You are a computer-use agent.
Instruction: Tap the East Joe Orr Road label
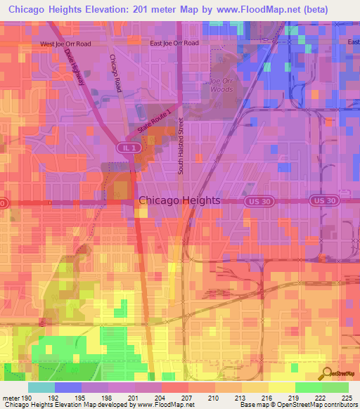tap(174, 43)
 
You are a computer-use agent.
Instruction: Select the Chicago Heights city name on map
tap(179, 200)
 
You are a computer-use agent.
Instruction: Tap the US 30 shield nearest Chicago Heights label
tap(257, 201)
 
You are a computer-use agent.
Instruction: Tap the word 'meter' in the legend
tap(11, 397)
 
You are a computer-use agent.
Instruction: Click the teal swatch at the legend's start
tap(41, 387)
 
